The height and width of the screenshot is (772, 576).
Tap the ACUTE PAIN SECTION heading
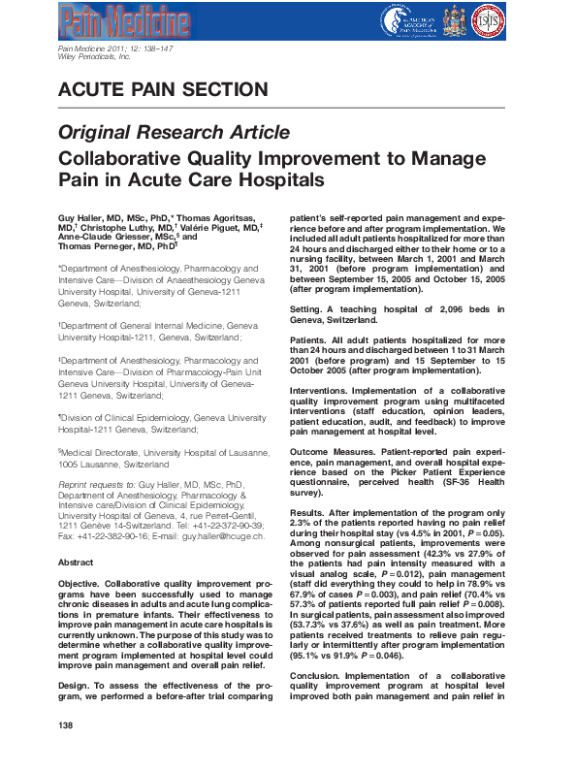(163, 91)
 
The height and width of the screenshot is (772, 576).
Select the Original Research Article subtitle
(174, 133)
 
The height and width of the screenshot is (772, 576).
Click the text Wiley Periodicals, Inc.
(94, 58)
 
